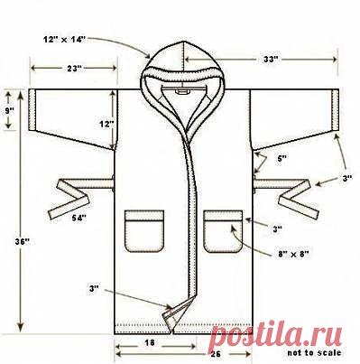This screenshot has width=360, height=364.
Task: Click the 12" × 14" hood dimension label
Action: (x=64, y=39)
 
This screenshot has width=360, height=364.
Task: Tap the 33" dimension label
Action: (x=270, y=60)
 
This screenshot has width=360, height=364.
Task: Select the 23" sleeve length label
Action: (x=73, y=69)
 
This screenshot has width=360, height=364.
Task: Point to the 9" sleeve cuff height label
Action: (x=9, y=110)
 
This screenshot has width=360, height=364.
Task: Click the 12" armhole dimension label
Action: (x=106, y=124)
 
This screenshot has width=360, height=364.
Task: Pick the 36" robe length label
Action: (x=23, y=241)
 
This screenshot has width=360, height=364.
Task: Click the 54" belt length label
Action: (x=78, y=219)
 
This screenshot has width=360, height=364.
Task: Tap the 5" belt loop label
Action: (x=282, y=159)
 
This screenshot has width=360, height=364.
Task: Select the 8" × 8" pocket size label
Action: (x=293, y=254)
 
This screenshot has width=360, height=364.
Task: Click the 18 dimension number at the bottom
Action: (x=150, y=342)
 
